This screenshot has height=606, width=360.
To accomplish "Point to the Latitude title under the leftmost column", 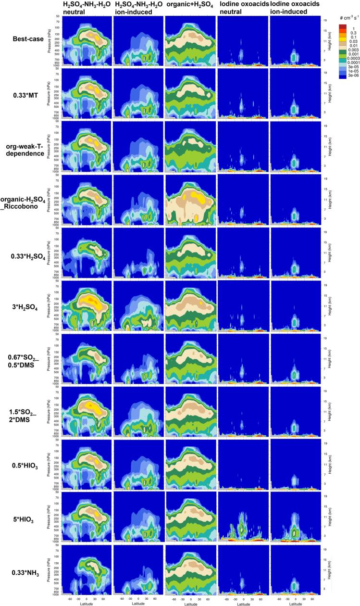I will coord(85,603).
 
